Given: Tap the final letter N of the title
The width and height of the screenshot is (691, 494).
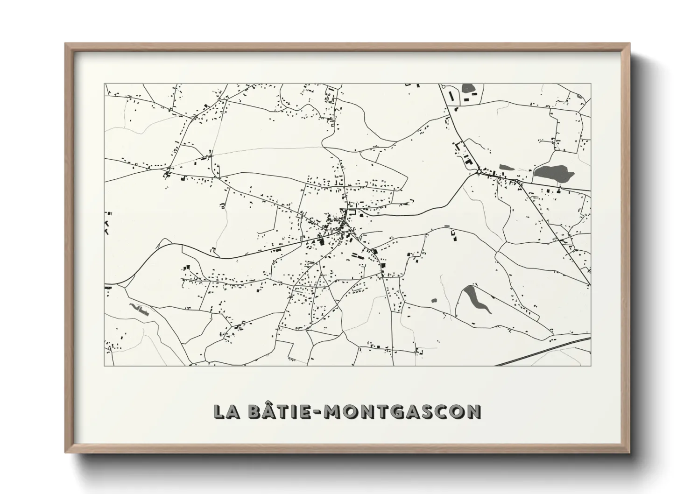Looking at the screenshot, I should click(x=473, y=411).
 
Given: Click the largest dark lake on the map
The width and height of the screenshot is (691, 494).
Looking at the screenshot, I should click(x=554, y=174).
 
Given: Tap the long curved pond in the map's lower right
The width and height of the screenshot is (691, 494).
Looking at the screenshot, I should click(x=477, y=299).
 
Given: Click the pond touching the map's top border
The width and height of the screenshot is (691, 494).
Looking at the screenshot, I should click(x=466, y=88).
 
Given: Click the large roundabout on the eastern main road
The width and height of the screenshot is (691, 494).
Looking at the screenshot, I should click(x=479, y=172).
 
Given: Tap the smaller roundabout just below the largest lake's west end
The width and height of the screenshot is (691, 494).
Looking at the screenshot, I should click(x=517, y=180).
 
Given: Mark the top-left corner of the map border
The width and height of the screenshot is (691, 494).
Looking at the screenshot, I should click(x=105, y=84).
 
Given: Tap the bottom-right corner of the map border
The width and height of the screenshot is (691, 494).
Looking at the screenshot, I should click(x=591, y=366).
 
